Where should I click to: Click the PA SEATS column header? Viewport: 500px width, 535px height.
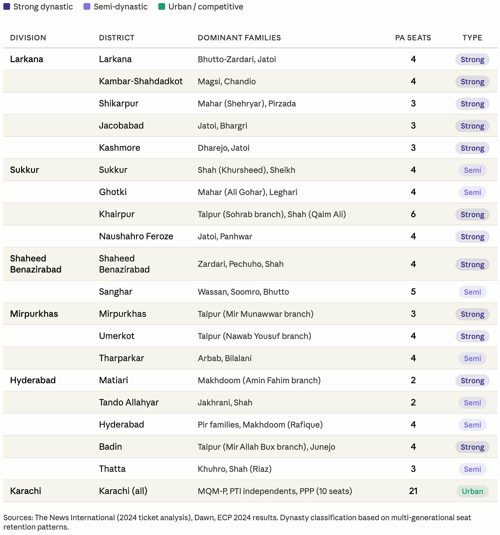click(x=413, y=38)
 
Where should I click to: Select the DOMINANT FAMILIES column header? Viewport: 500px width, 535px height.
click(x=239, y=38)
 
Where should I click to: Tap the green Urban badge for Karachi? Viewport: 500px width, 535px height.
click(x=472, y=491)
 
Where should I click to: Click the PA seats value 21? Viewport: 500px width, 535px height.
click(x=413, y=491)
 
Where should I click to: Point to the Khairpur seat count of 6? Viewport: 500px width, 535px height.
click(x=413, y=214)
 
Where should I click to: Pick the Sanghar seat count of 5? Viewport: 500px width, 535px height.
click(x=413, y=292)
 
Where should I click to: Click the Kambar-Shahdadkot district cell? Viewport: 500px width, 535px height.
click(x=141, y=81)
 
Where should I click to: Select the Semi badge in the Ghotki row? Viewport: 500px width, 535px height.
click(x=472, y=192)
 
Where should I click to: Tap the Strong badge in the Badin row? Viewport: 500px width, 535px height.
click(x=472, y=447)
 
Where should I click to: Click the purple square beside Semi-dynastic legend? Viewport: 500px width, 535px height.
click(x=87, y=7)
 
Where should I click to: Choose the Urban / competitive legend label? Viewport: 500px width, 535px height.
click(x=206, y=7)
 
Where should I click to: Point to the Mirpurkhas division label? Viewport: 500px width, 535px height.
click(x=34, y=314)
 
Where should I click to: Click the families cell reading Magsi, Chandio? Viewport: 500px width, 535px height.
click(x=227, y=82)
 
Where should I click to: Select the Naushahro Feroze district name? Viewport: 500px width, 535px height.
click(x=136, y=236)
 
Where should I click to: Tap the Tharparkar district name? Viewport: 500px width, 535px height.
click(x=122, y=358)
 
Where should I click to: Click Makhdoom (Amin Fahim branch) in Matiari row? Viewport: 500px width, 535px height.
click(x=259, y=380)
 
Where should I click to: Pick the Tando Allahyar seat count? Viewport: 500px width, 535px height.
click(x=413, y=402)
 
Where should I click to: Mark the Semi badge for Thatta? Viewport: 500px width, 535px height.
click(x=472, y=469)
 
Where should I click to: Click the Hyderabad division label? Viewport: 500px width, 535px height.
click(x=33, y=380)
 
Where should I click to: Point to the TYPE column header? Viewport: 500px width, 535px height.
click(x=472, y=38)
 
